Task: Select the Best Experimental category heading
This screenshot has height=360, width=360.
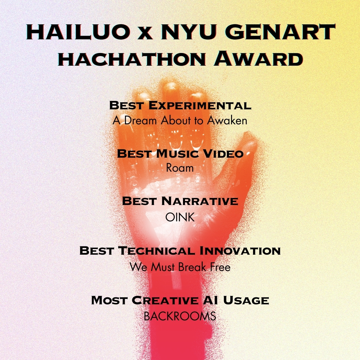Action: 180,106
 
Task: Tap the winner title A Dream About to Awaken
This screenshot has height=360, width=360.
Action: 180,121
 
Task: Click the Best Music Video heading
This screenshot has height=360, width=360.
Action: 180,154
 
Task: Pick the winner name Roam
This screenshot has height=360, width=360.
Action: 180,168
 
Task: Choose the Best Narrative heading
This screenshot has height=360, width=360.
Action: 180,201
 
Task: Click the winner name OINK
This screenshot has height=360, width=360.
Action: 180,217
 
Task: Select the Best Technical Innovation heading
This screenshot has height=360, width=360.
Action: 180,250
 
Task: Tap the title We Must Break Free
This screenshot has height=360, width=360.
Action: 180,267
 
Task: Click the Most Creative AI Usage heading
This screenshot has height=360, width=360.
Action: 180,300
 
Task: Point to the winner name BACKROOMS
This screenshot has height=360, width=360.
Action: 180,316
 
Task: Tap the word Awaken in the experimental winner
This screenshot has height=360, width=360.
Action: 227,121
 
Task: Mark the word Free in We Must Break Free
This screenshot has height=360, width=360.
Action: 220,267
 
